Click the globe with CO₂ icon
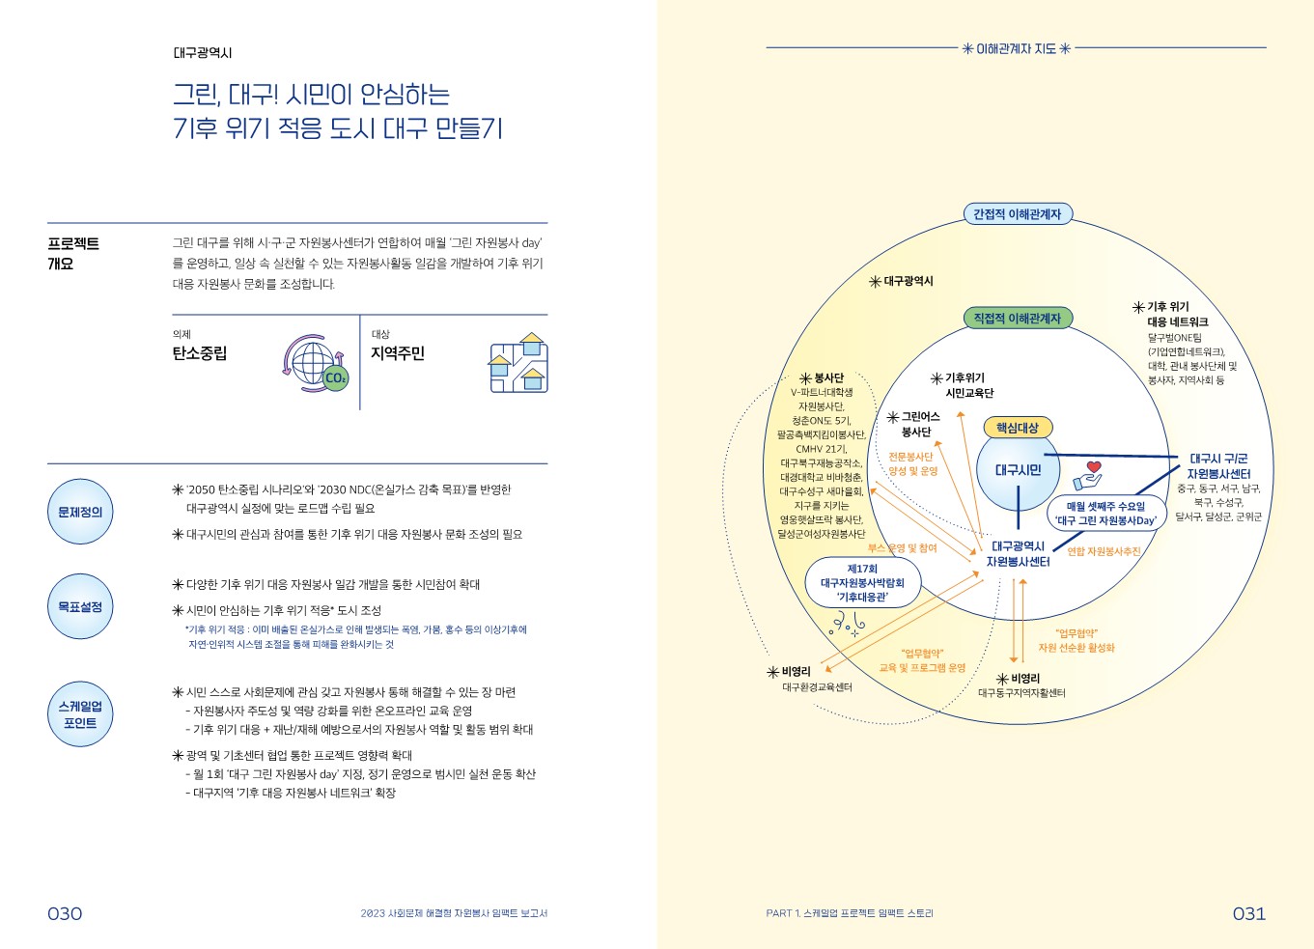click(x=316, y=364)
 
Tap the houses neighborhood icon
click(x=518, y=364)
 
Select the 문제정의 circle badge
click(x=80, y=512)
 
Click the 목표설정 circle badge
click(x=80, y=606)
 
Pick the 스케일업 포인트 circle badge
click(x=80, y=714)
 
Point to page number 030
click(x=65, y=913)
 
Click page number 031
click(x=1248, y=913)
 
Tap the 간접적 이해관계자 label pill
click(x=1017, y=214)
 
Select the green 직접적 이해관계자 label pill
click(x=1017, y=318)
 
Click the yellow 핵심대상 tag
click(x=1018, y=428)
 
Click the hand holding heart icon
click(x=1088, y=475)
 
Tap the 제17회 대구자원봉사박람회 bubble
click(x=862, y=583)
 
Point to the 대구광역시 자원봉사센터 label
click(x=1018, y=554)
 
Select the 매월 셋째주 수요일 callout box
click(x=1105, y=514)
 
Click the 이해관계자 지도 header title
click(x=1017, y=48)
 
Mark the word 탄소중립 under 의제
click(x=200, y=353)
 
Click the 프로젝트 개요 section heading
click(x=73, y=253)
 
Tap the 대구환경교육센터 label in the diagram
click(x=817, y=687)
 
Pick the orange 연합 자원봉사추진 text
click(x=1104, y=552)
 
